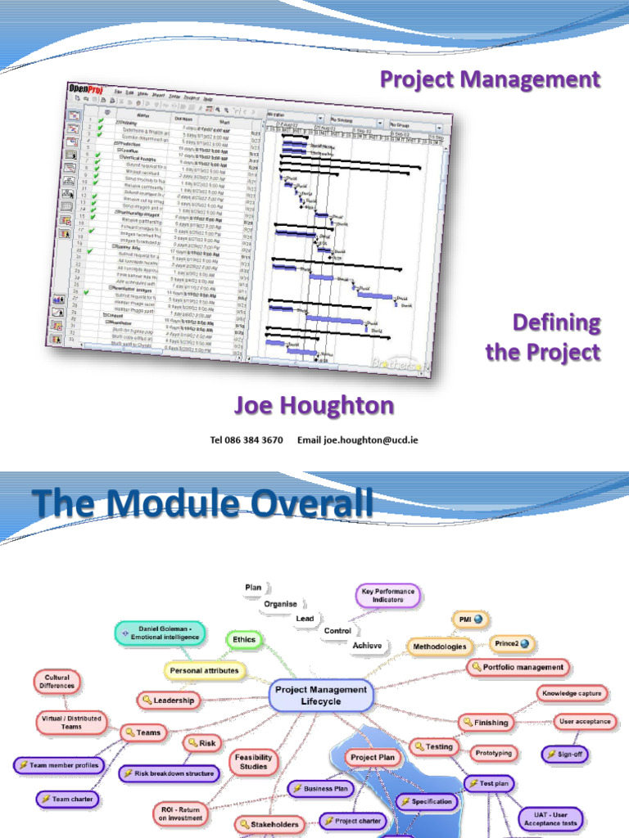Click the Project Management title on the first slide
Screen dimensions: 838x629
pos(491,79)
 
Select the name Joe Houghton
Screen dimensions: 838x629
pos(314,405)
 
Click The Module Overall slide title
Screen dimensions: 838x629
pos(201,502)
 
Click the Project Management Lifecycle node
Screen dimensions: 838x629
pos(321,696)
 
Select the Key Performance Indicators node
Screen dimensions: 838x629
pos(388,595)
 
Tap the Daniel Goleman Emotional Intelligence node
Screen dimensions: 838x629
pos(160,633)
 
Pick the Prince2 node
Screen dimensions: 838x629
pos(512,643)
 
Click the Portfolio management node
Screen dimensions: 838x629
pos(518,667)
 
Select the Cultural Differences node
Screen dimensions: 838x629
pos(59,681)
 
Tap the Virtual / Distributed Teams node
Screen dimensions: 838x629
pos(70,721)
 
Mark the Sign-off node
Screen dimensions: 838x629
pos(564,754)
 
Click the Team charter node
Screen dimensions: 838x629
pos(68,799)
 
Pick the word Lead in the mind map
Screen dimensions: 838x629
pos(305,619)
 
